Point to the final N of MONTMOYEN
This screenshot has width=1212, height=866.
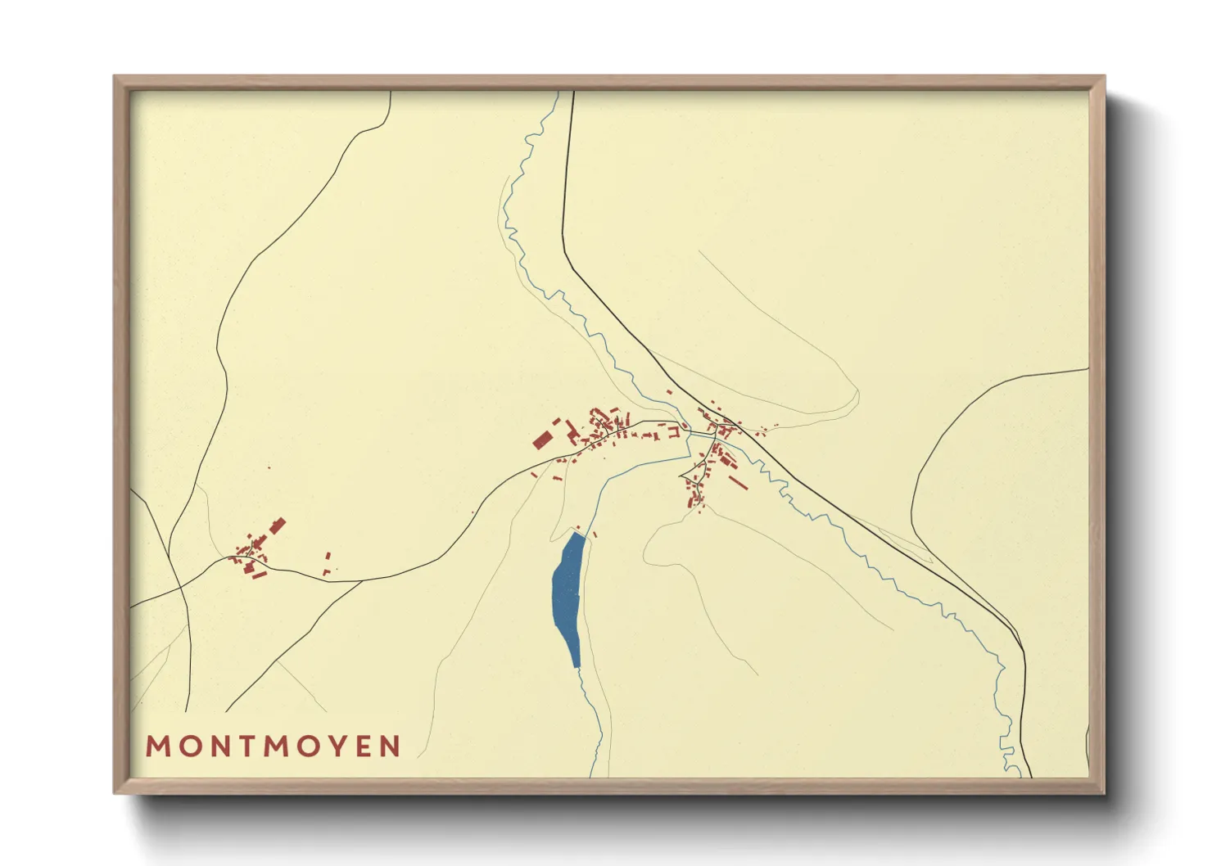pos(390,746)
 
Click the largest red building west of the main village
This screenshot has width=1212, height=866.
pos(541,440)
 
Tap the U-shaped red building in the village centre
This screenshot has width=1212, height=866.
pos(673,431)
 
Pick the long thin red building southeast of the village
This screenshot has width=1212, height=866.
pos(738,482)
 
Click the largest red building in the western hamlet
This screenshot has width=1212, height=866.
pos(278,525)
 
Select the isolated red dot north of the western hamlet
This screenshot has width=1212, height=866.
pos(269,467)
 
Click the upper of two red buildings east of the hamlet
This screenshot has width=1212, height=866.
pos(329,556)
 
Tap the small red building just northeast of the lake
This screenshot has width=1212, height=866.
pos(595,535)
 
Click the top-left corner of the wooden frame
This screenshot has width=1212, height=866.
pos(115,77)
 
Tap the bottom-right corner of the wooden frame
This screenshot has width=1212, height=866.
pos(1104,792)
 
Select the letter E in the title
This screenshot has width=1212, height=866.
pos(362,746)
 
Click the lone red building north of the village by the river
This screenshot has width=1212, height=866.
pos(669,392)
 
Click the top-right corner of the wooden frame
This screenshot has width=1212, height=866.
pos(1104,77)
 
